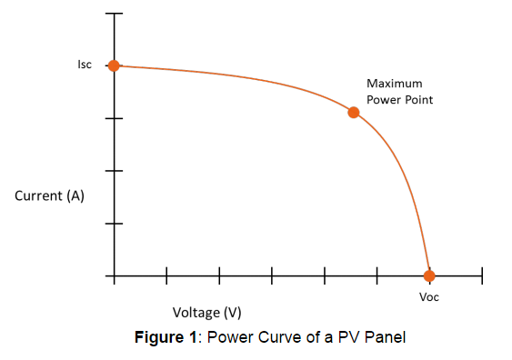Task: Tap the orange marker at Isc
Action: coord(114,65)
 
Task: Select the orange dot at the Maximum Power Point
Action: coord(354,113)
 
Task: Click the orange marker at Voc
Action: coord(429,275)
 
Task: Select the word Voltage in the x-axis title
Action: coord(195,313)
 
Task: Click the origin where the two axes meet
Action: coord(114,275)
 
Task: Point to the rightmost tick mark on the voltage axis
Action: coord(482,275)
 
